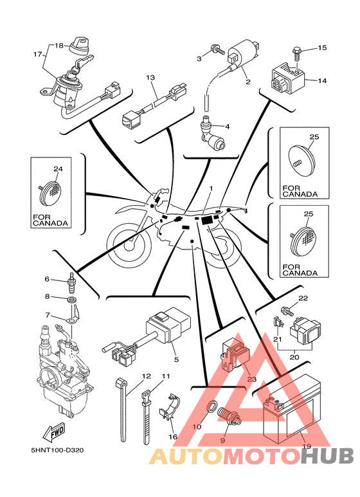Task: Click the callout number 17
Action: pyautogui.click(x=37, y=54)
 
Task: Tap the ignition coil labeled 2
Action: pyautogui.click(x=243, y=55)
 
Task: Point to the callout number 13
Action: pyautogui.click(x=150, y=77)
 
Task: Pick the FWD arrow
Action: pyautogui.click(x=55, y=432)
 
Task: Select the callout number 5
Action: pyautogui.click(x=177, y=359)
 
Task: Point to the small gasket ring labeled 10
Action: pyautogui.click(x=212, y=406)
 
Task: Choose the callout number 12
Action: pyautogui.click(x=147, y=376)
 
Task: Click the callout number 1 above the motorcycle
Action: pyautogui.click(x=211, y=189)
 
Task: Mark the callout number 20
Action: pyautogui.click(x=294, y=357)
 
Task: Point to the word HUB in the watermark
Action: pyautogui.click(x=327, y=456)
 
